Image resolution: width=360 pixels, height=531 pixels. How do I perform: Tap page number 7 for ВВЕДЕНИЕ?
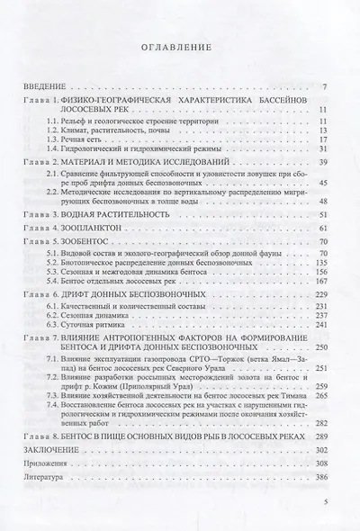pos(332,86)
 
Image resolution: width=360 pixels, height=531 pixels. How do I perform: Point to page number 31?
pos(330,149)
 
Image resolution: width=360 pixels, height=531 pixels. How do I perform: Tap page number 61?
pos(329,230)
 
